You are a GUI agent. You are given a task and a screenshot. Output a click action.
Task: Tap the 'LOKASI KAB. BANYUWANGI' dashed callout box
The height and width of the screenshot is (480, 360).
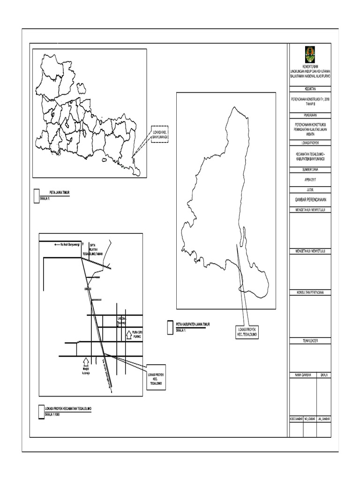(x=159, y=135)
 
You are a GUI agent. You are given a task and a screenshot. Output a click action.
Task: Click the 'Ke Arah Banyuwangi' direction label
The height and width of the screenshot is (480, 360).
(x=67, y=244)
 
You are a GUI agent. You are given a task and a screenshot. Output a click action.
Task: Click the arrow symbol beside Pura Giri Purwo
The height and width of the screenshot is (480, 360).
(x=129, y=335)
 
